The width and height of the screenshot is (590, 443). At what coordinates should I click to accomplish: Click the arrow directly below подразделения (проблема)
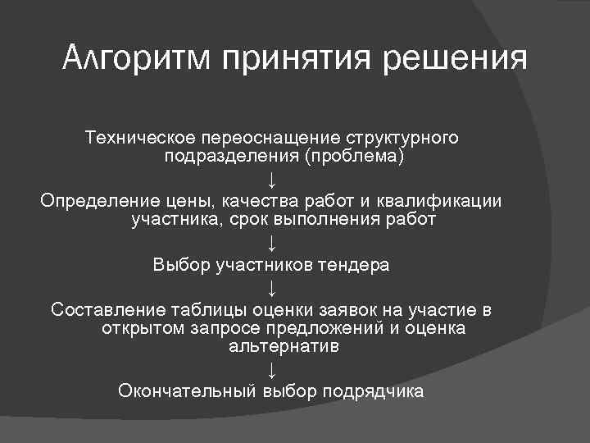point(271,179)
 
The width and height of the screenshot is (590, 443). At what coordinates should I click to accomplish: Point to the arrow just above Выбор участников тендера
point(271,243)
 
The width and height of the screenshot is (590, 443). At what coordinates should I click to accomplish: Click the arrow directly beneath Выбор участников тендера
point(271,288)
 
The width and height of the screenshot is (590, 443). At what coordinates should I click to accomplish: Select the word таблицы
point(203,309)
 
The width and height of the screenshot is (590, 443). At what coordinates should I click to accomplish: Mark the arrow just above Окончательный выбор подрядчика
point(271,370)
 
